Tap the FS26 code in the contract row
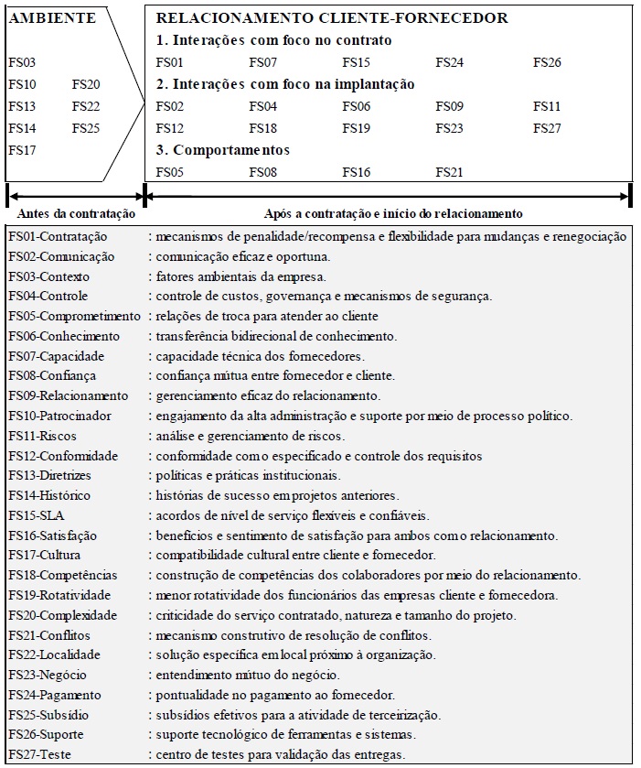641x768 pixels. pyautogui.click(x=547, y=62)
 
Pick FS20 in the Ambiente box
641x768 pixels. pyautogui.click(x=86, y=84)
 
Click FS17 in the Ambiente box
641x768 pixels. pyautogui.click(x=22, y=150)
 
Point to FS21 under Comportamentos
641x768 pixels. pyautogui.click(x=449, y=171)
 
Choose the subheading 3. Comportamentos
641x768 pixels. pyautogui.click(x=223, y=149)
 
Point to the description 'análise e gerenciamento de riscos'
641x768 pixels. pyautogui.click(x=250, y=436)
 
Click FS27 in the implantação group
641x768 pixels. pyautogui.click(x=547, y=128)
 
